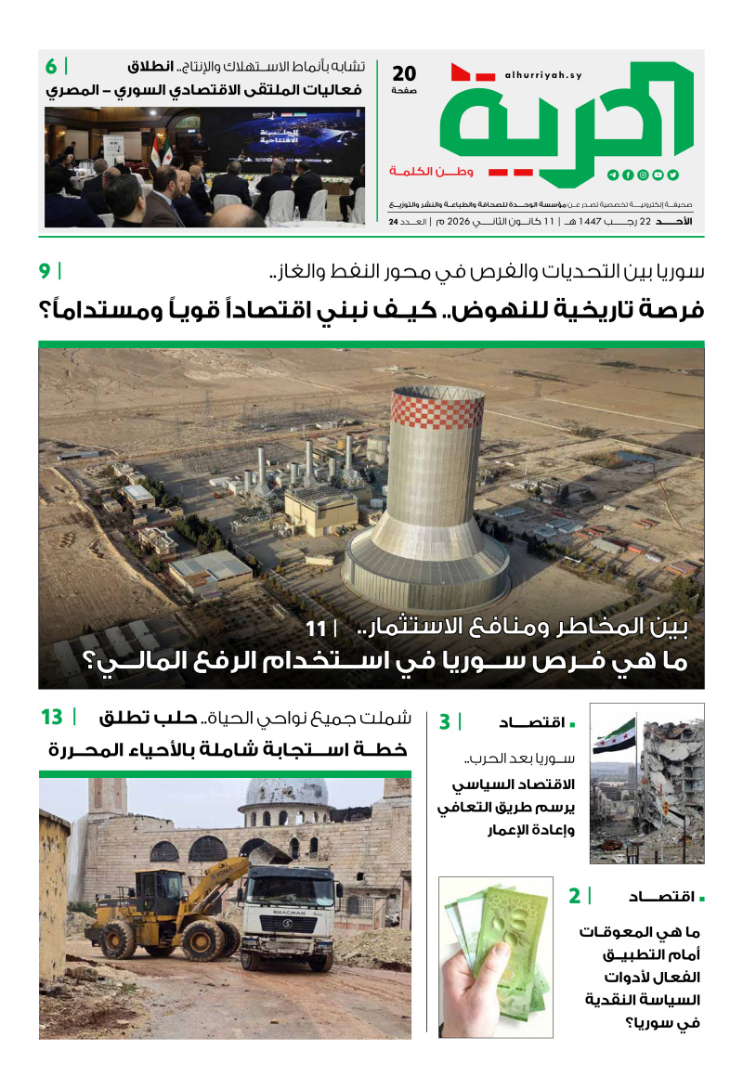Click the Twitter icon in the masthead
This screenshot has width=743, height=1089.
672,175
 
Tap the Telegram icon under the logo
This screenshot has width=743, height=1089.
613,175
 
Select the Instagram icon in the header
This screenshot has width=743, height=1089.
643,175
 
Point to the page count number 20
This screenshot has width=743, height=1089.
405,73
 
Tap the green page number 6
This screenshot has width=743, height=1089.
51,67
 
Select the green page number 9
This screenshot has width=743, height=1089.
45,272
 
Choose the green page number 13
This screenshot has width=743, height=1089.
51,717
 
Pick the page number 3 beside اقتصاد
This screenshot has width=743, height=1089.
445,721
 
